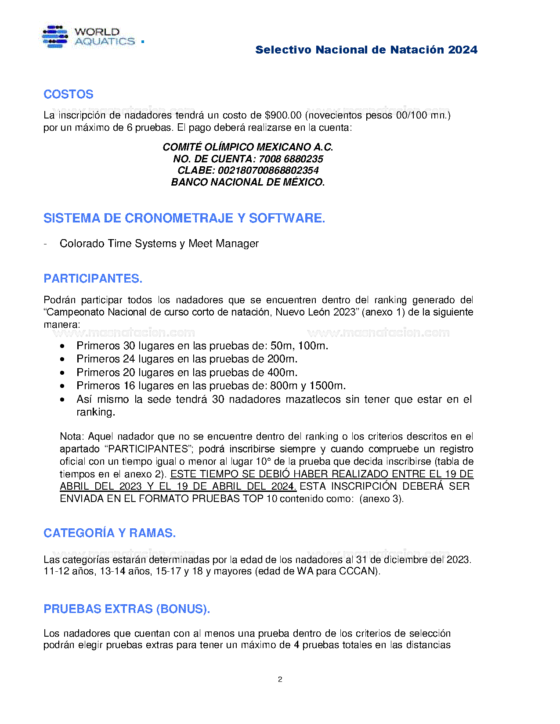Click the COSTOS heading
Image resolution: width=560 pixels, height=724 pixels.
coord(69,94)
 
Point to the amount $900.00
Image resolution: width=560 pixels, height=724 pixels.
coord(283,115)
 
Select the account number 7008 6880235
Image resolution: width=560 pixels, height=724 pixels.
coord(291,159)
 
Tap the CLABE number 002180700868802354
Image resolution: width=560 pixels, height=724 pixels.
coord(268,170)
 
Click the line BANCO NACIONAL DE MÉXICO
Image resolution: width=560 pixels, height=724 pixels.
coord(248,182)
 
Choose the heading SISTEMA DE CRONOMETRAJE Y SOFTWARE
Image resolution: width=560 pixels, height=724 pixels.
coord(184,218)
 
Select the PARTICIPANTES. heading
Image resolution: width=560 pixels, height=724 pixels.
coord(93,279)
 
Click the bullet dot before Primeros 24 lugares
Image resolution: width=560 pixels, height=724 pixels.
coord(63,359)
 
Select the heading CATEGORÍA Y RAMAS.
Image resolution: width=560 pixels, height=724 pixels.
coord(109,533)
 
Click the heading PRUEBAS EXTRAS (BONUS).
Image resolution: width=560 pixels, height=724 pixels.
coord(126,609)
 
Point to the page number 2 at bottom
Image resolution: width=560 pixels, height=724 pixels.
coord(280,679)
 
